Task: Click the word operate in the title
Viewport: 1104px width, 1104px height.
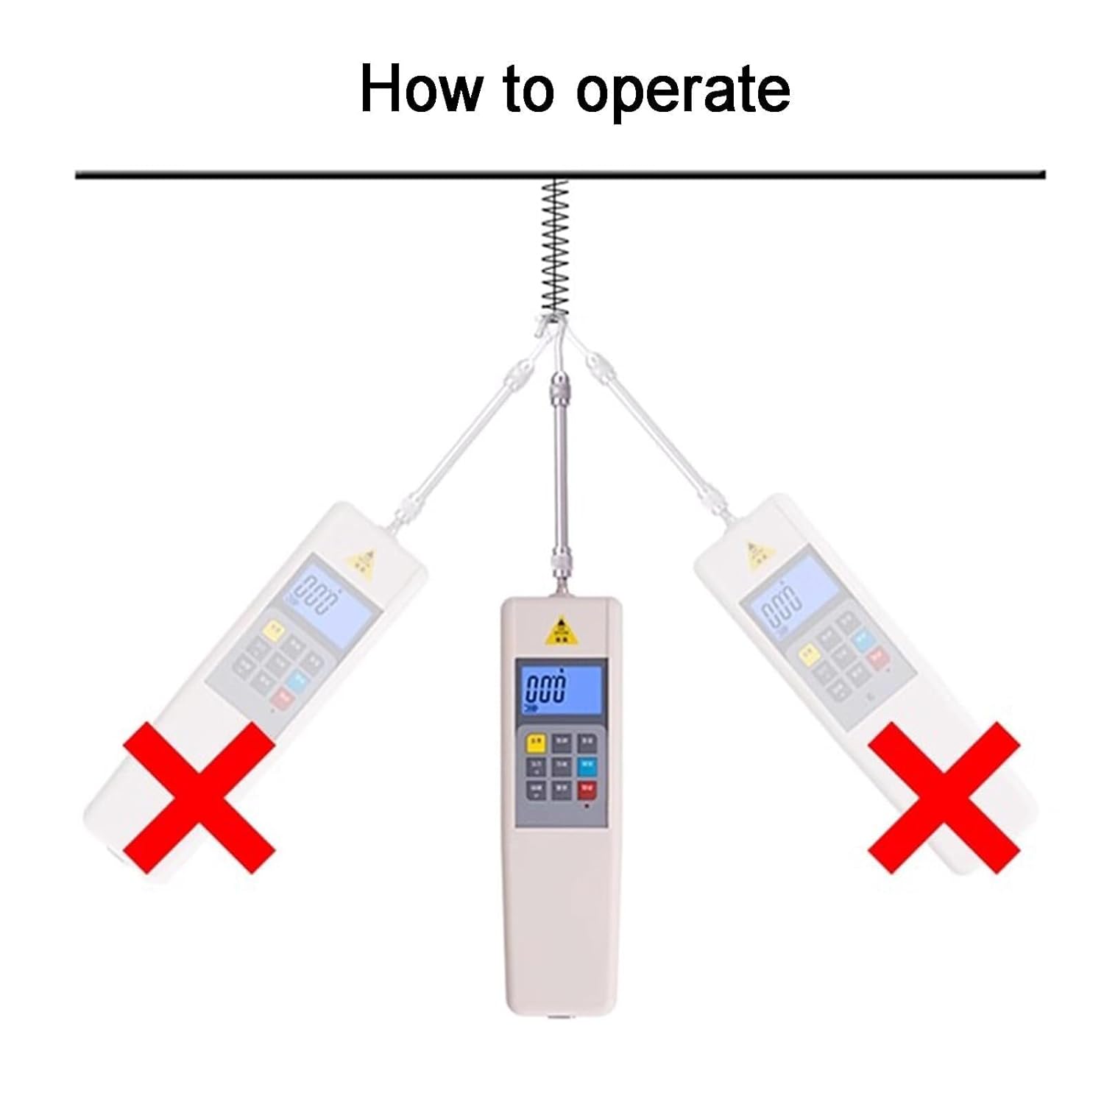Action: [682, 91]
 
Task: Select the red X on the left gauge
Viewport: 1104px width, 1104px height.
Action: [199, 797]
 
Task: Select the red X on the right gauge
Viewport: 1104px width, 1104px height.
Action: [944, 797]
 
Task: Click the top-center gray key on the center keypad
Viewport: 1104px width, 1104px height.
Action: [561, 742]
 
